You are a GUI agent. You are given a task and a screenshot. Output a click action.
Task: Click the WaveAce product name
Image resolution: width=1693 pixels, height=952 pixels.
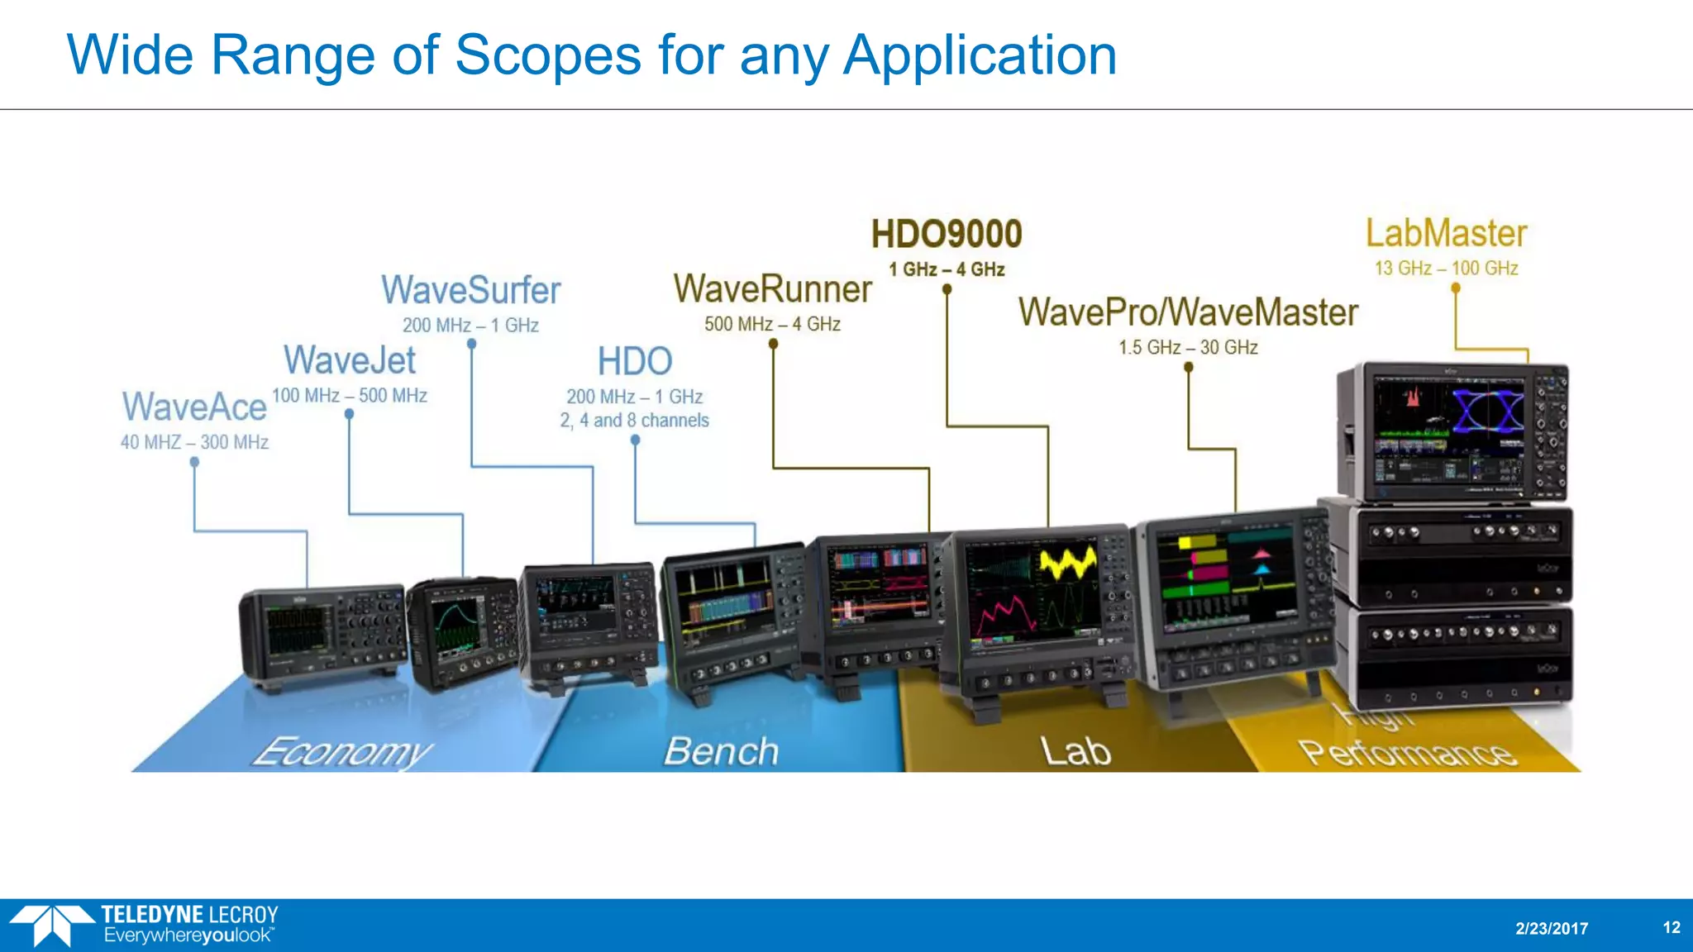coord(194,407)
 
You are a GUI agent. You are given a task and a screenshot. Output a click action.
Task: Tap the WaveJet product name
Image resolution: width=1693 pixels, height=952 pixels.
coord(350,360)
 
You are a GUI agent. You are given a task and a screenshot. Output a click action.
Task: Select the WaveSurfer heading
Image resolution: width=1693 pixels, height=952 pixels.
coord(470,290)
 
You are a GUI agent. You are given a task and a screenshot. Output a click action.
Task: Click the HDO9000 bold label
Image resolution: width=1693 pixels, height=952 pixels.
coord(947,234)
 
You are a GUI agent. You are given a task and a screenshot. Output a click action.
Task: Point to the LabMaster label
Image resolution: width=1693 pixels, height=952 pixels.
coord(1446,233)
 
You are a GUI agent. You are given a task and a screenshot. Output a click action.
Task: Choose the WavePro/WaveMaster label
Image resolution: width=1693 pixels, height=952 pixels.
coord(1188,312)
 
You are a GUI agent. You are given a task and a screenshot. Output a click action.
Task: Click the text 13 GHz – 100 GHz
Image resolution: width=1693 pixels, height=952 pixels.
coord(1446,269)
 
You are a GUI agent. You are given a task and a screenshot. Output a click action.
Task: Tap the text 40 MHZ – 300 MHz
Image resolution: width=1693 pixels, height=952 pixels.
coord(194,442)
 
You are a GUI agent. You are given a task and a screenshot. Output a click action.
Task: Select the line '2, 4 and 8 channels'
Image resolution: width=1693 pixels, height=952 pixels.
coord(634,421)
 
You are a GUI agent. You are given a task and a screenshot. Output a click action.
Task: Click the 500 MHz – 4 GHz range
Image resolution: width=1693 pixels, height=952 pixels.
coord(772,324)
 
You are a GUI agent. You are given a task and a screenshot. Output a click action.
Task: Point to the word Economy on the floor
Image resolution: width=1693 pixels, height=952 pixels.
coord(342,752)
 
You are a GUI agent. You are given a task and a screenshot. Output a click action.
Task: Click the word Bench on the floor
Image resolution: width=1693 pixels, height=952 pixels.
coord(721,752)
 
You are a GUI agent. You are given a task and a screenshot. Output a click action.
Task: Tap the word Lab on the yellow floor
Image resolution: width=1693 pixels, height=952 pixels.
coord(1075,752)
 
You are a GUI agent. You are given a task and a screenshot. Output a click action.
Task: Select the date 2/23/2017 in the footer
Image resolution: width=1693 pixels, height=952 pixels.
coord(1552,928)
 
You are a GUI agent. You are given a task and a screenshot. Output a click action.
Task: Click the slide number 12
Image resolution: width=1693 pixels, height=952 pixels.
coord(1671,927)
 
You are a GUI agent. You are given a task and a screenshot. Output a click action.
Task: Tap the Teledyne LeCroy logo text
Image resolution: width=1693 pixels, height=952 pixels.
coord(189,915)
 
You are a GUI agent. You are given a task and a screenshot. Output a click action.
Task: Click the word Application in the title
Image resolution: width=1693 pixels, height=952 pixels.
coord(980,55)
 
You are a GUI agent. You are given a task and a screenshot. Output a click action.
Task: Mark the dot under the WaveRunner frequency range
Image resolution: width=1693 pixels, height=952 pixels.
coord(773,344)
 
